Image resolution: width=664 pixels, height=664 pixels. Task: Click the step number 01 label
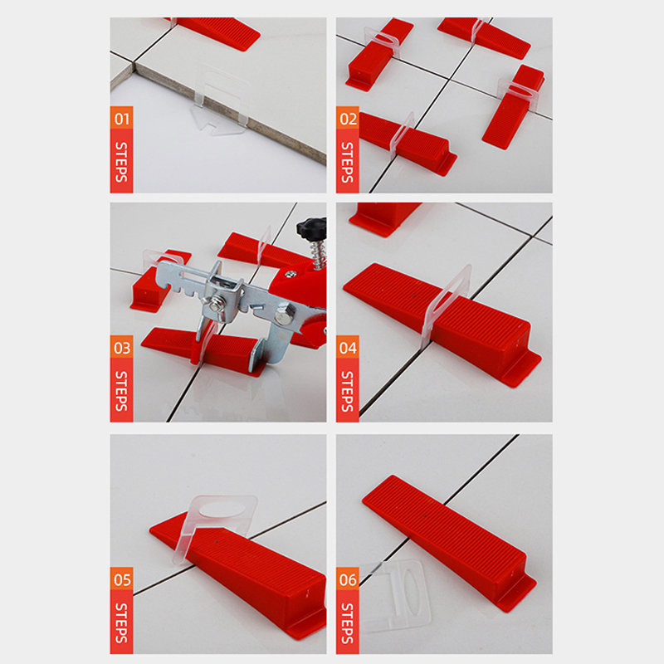121,119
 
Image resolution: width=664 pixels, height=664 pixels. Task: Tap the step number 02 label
348,119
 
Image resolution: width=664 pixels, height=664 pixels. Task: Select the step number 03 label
121,348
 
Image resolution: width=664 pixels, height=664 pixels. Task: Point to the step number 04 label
348,348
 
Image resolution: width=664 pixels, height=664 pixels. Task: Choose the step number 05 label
121,579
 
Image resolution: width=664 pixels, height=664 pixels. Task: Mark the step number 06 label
348,579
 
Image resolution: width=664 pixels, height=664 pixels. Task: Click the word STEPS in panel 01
121,162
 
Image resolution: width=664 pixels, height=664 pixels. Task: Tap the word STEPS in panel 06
348,623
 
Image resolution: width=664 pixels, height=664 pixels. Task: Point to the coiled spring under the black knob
319,254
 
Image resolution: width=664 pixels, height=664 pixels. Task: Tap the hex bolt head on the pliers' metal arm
282,317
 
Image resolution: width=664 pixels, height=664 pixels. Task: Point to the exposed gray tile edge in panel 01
224,111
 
